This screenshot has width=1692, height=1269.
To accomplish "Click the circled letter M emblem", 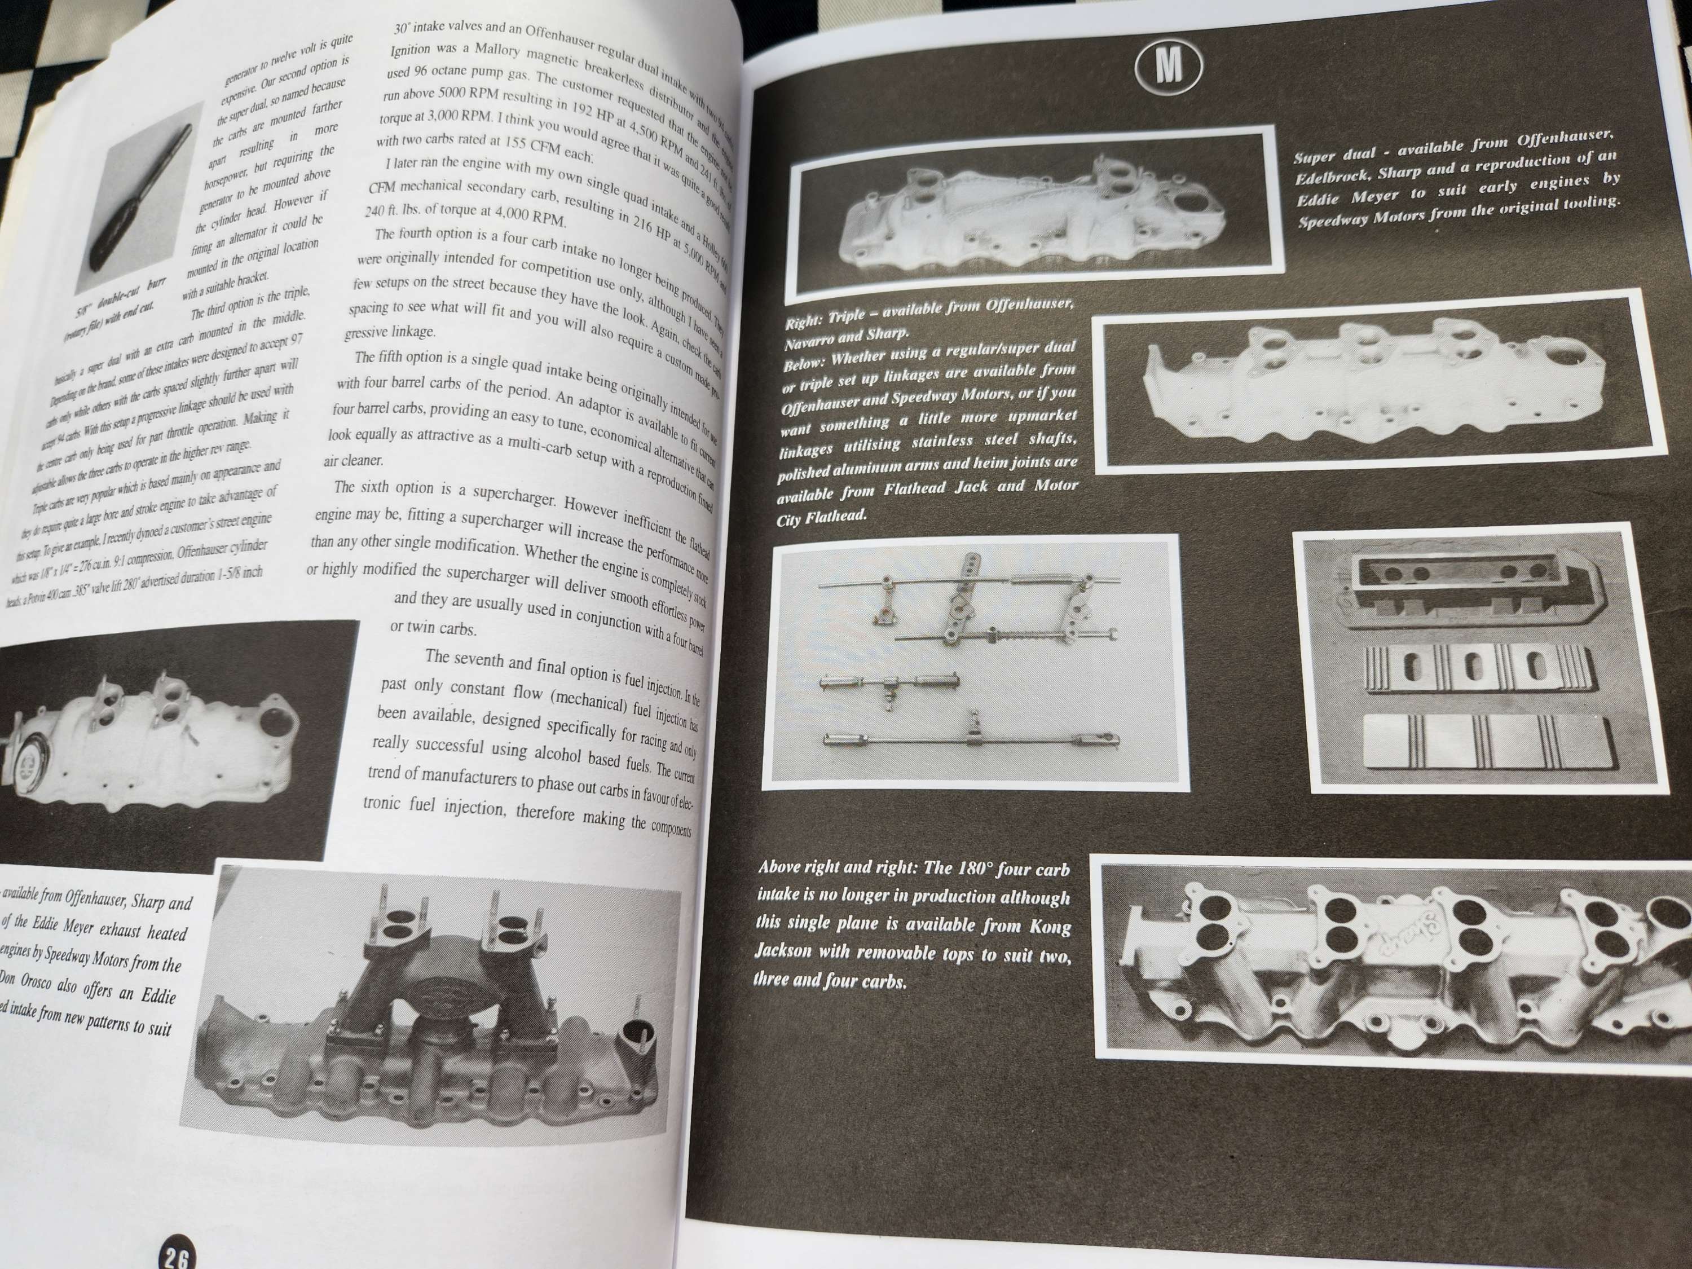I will [x=1167, y=67].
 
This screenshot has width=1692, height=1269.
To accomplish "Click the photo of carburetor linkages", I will [x=975, y=662].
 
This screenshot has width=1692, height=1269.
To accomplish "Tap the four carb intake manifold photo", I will [x=1392, y=956].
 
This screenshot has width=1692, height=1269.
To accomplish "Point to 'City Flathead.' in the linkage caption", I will [x=822, y=517].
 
